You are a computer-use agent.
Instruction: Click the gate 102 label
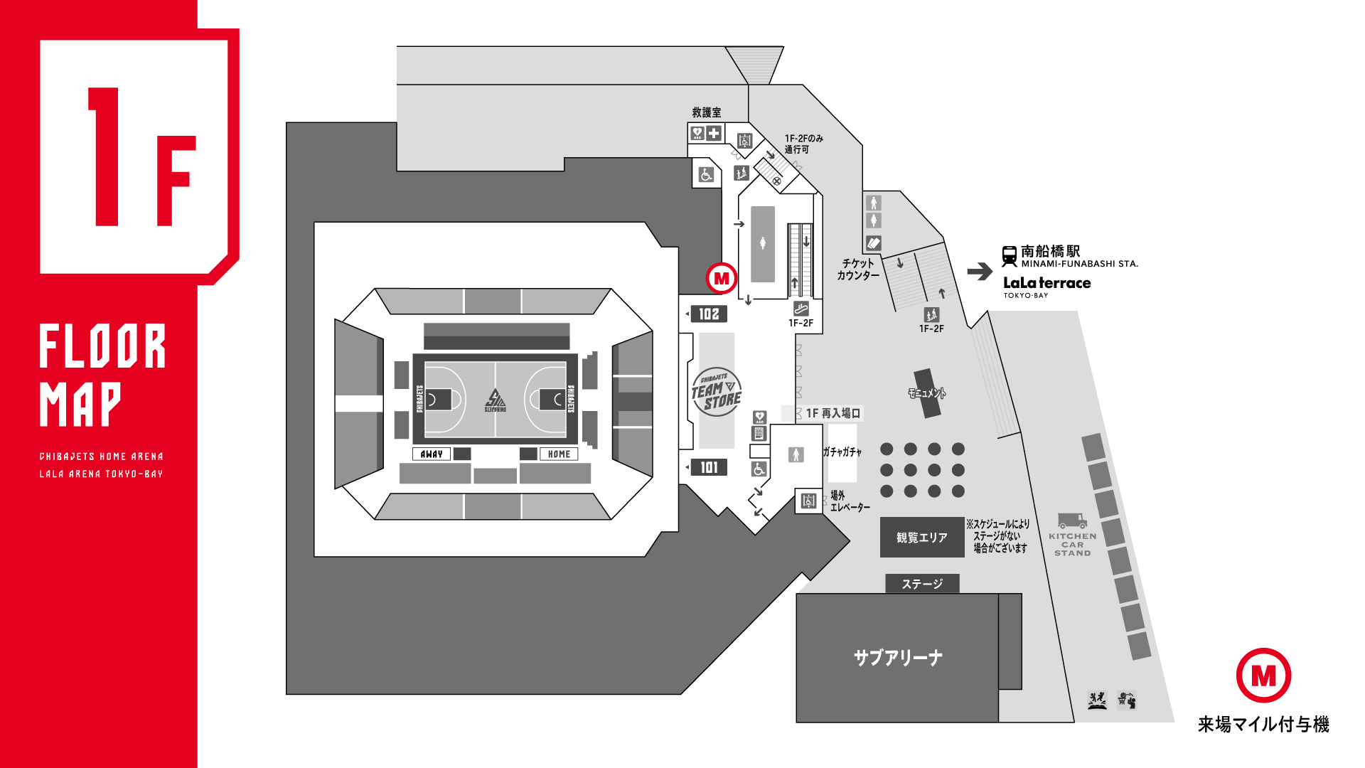click(708, 314)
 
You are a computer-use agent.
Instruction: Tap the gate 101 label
click(708, 467)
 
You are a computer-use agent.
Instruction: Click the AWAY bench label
click(432, 454)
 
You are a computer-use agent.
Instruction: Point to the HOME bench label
click(559, 454)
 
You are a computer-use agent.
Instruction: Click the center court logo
click(496, 400)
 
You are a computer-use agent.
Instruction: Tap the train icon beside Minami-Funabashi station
click(1009, 256)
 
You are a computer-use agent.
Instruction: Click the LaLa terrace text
click(1046, 283)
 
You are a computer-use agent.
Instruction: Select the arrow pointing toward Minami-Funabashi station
click(980, 271)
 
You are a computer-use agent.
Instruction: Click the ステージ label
click(922, 584)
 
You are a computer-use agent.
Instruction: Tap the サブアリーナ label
click(898, 658)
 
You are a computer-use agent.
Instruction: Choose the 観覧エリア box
click(922, 538)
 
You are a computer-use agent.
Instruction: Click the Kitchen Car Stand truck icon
click(1072, 521)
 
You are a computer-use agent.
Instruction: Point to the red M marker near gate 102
click(721, 278)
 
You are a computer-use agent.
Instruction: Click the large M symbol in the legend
click(1263, 676)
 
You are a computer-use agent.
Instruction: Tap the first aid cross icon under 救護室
click(714, 133)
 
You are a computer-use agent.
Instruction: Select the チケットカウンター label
click(858, 270)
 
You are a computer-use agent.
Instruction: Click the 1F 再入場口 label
click(833, 413)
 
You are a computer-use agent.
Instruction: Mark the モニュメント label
click(926, 393)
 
